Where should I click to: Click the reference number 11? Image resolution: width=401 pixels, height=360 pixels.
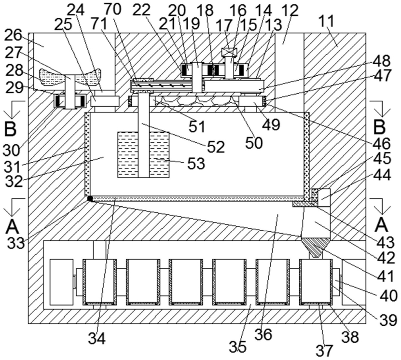pos(327,21)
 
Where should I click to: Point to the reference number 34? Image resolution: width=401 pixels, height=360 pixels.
pos(97,339)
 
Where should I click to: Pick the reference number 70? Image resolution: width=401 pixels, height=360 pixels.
pos(112,9)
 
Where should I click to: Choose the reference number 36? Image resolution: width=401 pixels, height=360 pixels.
pos(263,334)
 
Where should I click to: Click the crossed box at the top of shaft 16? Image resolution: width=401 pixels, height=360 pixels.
pos(229,53)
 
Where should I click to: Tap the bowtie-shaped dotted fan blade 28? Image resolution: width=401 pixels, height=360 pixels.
pos(70,77)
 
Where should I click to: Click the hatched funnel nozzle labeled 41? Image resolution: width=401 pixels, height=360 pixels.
pos(316,248)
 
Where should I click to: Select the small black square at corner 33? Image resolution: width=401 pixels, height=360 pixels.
pos(90,199)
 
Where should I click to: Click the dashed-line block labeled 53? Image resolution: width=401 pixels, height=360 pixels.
pos(143,155)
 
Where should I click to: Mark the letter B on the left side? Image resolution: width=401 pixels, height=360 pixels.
pos(11,129)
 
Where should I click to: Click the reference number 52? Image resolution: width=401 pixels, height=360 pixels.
pos(216,147)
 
